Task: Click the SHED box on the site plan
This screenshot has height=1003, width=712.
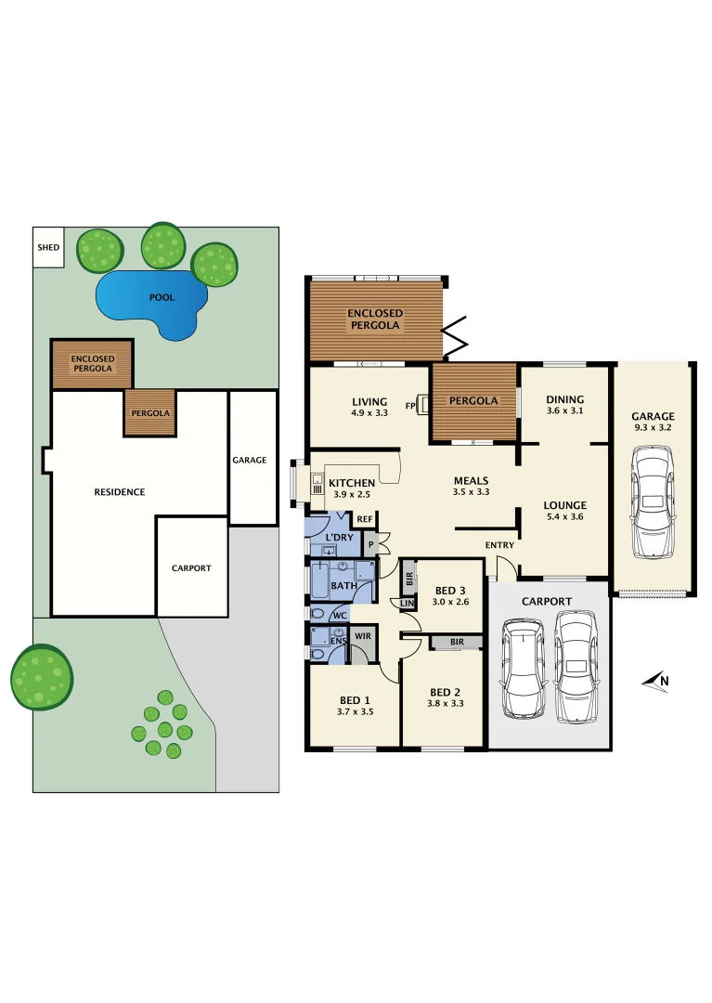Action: click(x=48, y=248)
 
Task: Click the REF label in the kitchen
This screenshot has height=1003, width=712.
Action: click(x=365, y=519)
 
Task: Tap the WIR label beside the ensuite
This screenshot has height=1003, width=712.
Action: click(x=363, y=635)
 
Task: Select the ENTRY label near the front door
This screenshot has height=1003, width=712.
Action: click(x=499, y=545)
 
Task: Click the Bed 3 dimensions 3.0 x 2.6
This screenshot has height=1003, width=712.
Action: click(x=450, y=602)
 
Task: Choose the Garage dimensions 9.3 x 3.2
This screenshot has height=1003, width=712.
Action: click(x=653, y=428)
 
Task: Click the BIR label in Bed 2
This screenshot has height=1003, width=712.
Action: click(x=456, y=642)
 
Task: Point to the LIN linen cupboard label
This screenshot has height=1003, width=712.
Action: click(x=407, y=605)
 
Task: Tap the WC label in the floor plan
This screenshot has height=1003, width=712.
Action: click(x=339, y=615)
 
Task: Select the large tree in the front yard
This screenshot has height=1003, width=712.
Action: click(x=42, y=676)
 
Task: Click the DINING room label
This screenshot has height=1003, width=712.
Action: click(x=564, y=399)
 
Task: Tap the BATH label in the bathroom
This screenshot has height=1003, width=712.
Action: click(x=343, y=586)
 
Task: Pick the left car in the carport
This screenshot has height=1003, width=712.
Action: click(x=523, y=669)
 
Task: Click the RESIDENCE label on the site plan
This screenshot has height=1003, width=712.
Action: click(x=120, y=492)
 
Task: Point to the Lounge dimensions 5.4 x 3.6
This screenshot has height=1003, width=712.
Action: click(x=564, y=517)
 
